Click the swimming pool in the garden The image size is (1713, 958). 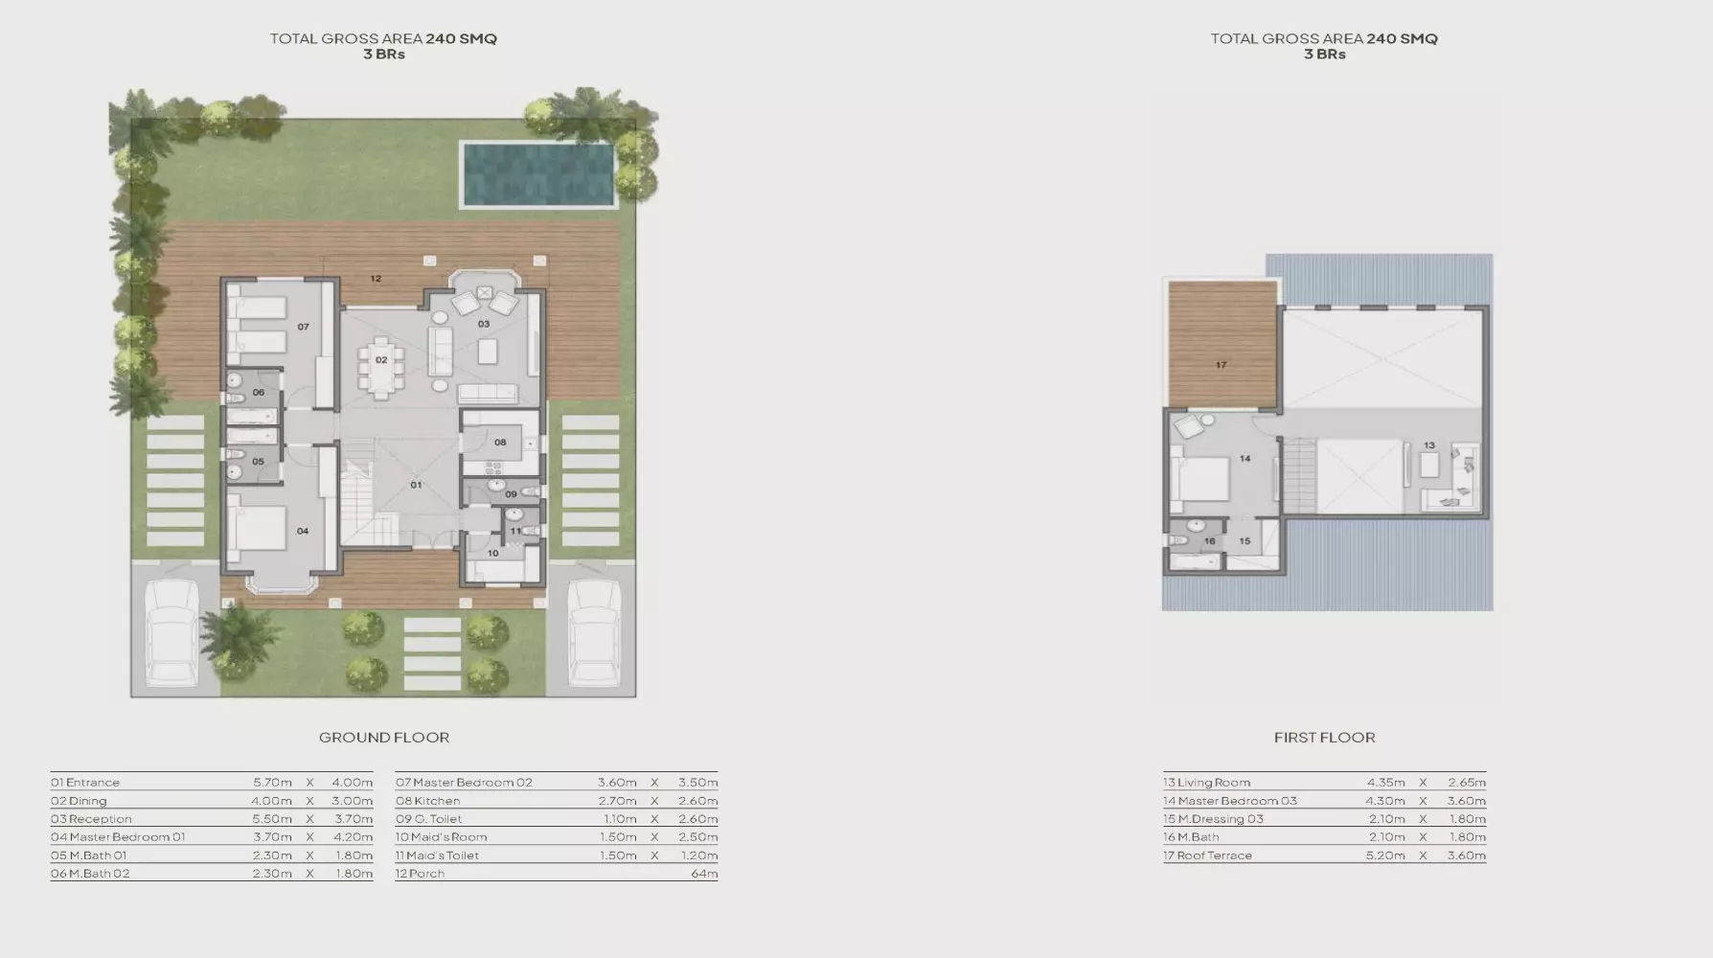point(538,173)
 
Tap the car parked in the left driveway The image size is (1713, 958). point(171,633)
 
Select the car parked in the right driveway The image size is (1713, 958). point(595,633)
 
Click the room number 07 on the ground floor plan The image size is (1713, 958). point(303,327)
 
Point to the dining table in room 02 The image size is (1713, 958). point(381,365)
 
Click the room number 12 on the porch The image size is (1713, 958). point(376,279)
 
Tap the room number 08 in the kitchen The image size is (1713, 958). point(500,443)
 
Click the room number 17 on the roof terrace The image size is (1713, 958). point(1221,365)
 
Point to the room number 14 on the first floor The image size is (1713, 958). point(1245,459)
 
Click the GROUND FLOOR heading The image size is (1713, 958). point(384,738)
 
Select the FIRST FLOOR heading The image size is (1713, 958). point(1324,738)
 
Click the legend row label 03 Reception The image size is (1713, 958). point(91,819)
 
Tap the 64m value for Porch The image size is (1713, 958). point(704,874)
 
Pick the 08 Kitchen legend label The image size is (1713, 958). point(427,801)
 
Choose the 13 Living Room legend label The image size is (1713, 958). point(1206,783)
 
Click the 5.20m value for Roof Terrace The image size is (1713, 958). point(1385,855)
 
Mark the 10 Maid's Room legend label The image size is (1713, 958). point(441,837)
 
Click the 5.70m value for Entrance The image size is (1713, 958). point(272,783)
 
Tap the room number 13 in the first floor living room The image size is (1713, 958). point(1428,445)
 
